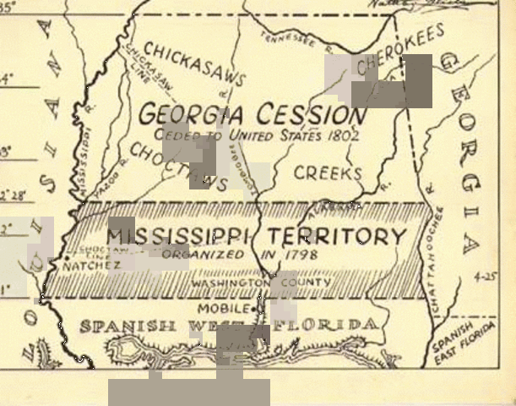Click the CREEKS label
(x=328, y=173)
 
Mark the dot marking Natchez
(x=65, y=259)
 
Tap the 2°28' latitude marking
(x=12, y=195)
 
